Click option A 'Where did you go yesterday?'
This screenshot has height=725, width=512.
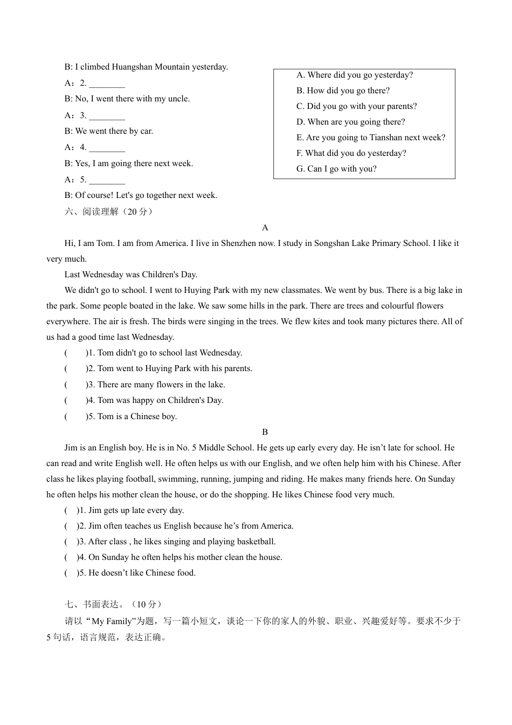click(355, 75)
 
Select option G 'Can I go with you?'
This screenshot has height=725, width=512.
click(336, 169)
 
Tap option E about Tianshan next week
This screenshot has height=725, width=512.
click(371, 138)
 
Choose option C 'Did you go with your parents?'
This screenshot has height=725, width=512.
click(356, 106)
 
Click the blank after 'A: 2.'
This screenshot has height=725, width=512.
click(107, 84)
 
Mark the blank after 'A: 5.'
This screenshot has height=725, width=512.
click(107, 180)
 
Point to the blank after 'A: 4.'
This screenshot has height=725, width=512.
click(107, 148)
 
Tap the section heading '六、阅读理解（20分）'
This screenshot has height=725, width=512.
click(109, 211)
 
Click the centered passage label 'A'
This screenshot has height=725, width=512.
click(265, 228)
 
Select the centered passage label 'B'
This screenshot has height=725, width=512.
click(265, 432)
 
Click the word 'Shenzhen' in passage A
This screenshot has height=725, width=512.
click(234, 243)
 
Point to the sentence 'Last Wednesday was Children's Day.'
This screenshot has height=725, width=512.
click(131, 275)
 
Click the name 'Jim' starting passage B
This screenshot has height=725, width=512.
click(71, 448)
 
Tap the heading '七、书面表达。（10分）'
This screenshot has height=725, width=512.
click(113, 605)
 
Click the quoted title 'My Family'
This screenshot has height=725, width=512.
click(113, 621)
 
